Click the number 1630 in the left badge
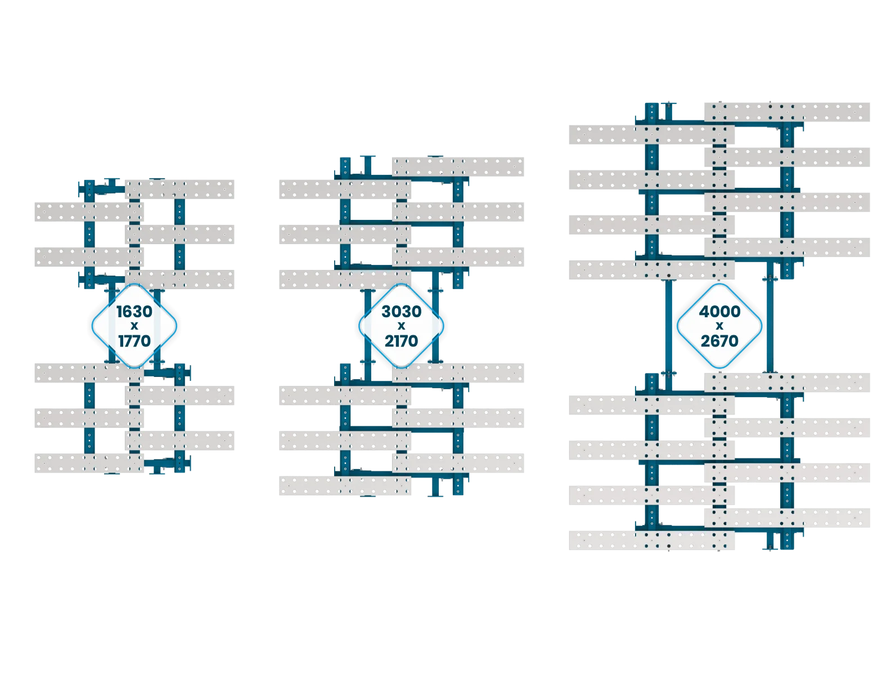tap(134, 311)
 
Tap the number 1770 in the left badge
tap(134, 340)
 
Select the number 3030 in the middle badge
tap(401, 311)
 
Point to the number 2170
tap(401, 340)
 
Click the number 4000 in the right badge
tap(719, 311)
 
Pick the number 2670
tap(719, 340)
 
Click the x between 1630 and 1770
tap(134, 326)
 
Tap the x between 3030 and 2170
tap(401, 326)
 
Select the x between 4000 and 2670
tap(719, 326)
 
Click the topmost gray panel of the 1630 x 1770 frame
tap(179, 189)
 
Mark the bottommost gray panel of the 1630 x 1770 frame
tap(89, 463)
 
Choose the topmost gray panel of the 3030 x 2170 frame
tap(457, 166)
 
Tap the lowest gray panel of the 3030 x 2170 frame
tap(345, 485)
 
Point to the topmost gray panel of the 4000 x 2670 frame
tap(787, 112)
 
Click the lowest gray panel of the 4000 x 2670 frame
tap(651, 540)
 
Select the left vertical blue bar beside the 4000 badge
tap(668, 326)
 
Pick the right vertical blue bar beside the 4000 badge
tap(769, 317)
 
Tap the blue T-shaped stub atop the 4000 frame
tap(668, 111)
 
